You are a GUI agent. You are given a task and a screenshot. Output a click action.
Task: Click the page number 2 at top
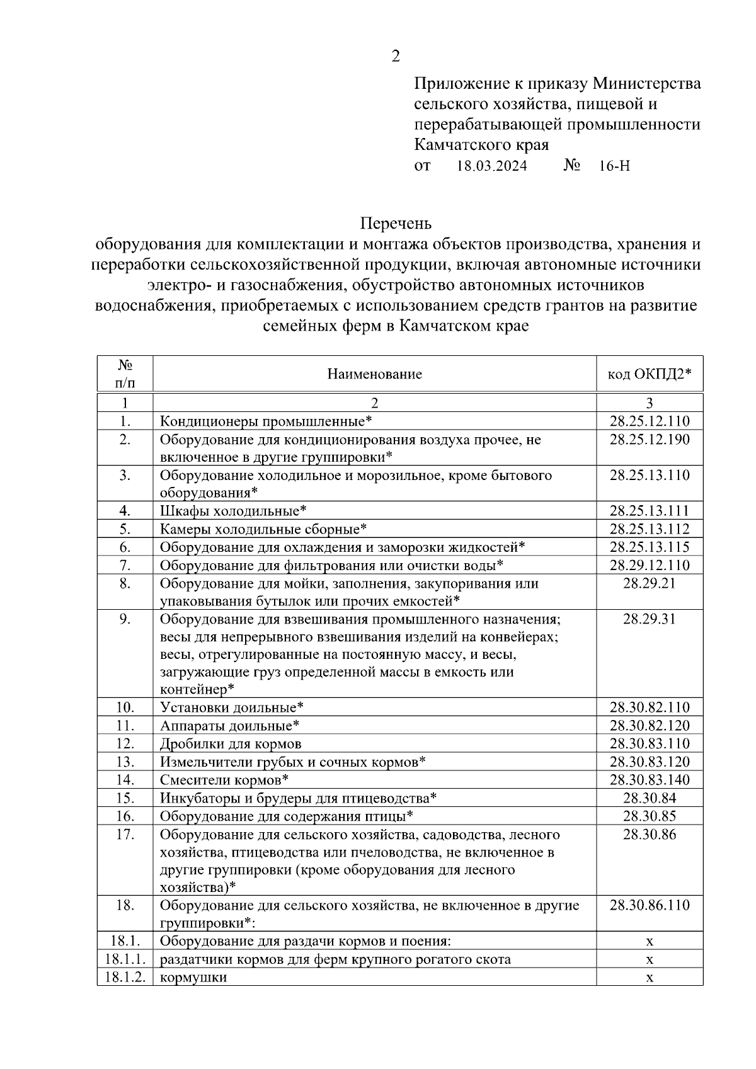(x=395, y=57)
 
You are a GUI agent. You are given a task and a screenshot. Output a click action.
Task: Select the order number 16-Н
(x=614, y=166)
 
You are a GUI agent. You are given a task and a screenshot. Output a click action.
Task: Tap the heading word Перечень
(x=396, y=224)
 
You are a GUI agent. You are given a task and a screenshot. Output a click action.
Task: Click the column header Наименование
(x=374, y=374)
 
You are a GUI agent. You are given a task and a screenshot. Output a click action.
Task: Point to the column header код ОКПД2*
(x=649, y=374)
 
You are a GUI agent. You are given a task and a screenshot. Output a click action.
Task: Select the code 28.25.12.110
(x=649, y=421)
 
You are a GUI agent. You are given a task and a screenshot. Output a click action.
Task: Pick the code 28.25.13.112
(x=649, y=529)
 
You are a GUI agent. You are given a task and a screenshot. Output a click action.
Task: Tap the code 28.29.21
(x=649, y=583)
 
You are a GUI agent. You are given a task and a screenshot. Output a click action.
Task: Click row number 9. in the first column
(x=125, y=619)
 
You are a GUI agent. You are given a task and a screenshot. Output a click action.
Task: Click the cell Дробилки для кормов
(x=231, y=744)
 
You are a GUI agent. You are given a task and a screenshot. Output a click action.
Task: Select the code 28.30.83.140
(x=649, y=780)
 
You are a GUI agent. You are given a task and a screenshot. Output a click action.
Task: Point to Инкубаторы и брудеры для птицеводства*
(x=299, y=798)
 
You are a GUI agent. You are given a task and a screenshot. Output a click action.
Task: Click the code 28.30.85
(x=649, y=816)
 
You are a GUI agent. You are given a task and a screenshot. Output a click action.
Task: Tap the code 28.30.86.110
(x=649, y=905)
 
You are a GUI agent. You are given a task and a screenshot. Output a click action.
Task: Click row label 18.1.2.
(x=125, y=977)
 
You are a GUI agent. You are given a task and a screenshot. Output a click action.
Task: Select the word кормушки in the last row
(x=193, y=978)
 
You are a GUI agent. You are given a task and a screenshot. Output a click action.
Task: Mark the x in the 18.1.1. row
(x=650, y=960)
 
